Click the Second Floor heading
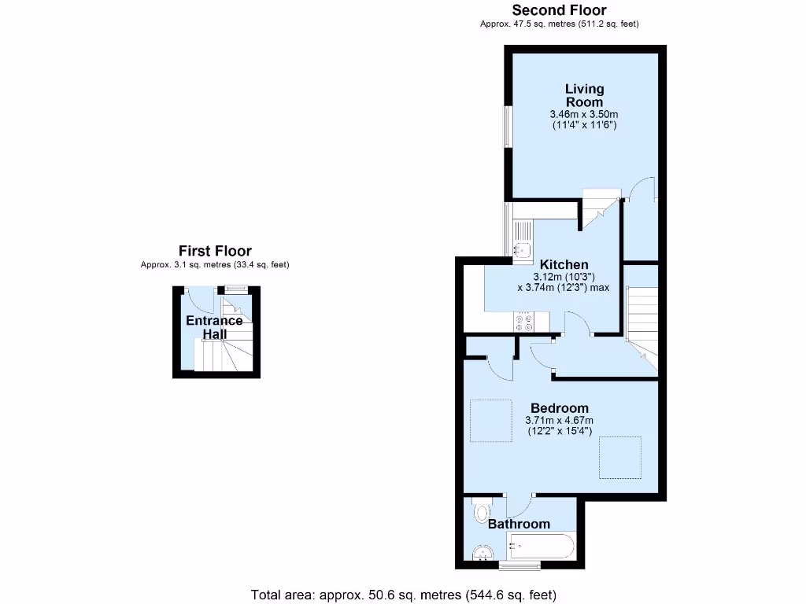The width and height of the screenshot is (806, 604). tap(559, 10)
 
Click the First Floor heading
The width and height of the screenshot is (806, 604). tap(215, 251)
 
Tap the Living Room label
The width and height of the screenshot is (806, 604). tap(584, 95)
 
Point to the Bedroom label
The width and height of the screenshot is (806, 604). tap(559, 408)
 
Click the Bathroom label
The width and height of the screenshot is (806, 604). tap(519, 524)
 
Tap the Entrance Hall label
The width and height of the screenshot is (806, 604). tap(214, 327)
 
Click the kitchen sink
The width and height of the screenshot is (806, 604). tap(521, 249)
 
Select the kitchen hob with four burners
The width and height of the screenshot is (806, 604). tap(523, 322)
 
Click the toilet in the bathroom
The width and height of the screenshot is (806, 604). tap(481, 512)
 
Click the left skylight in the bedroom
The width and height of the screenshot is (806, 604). tap(491, 421)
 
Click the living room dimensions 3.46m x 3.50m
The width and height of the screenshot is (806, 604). tap(584, 114)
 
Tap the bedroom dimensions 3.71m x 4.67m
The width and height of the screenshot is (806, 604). tap(559, 421)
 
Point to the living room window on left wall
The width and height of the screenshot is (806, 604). tap(508, 126)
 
